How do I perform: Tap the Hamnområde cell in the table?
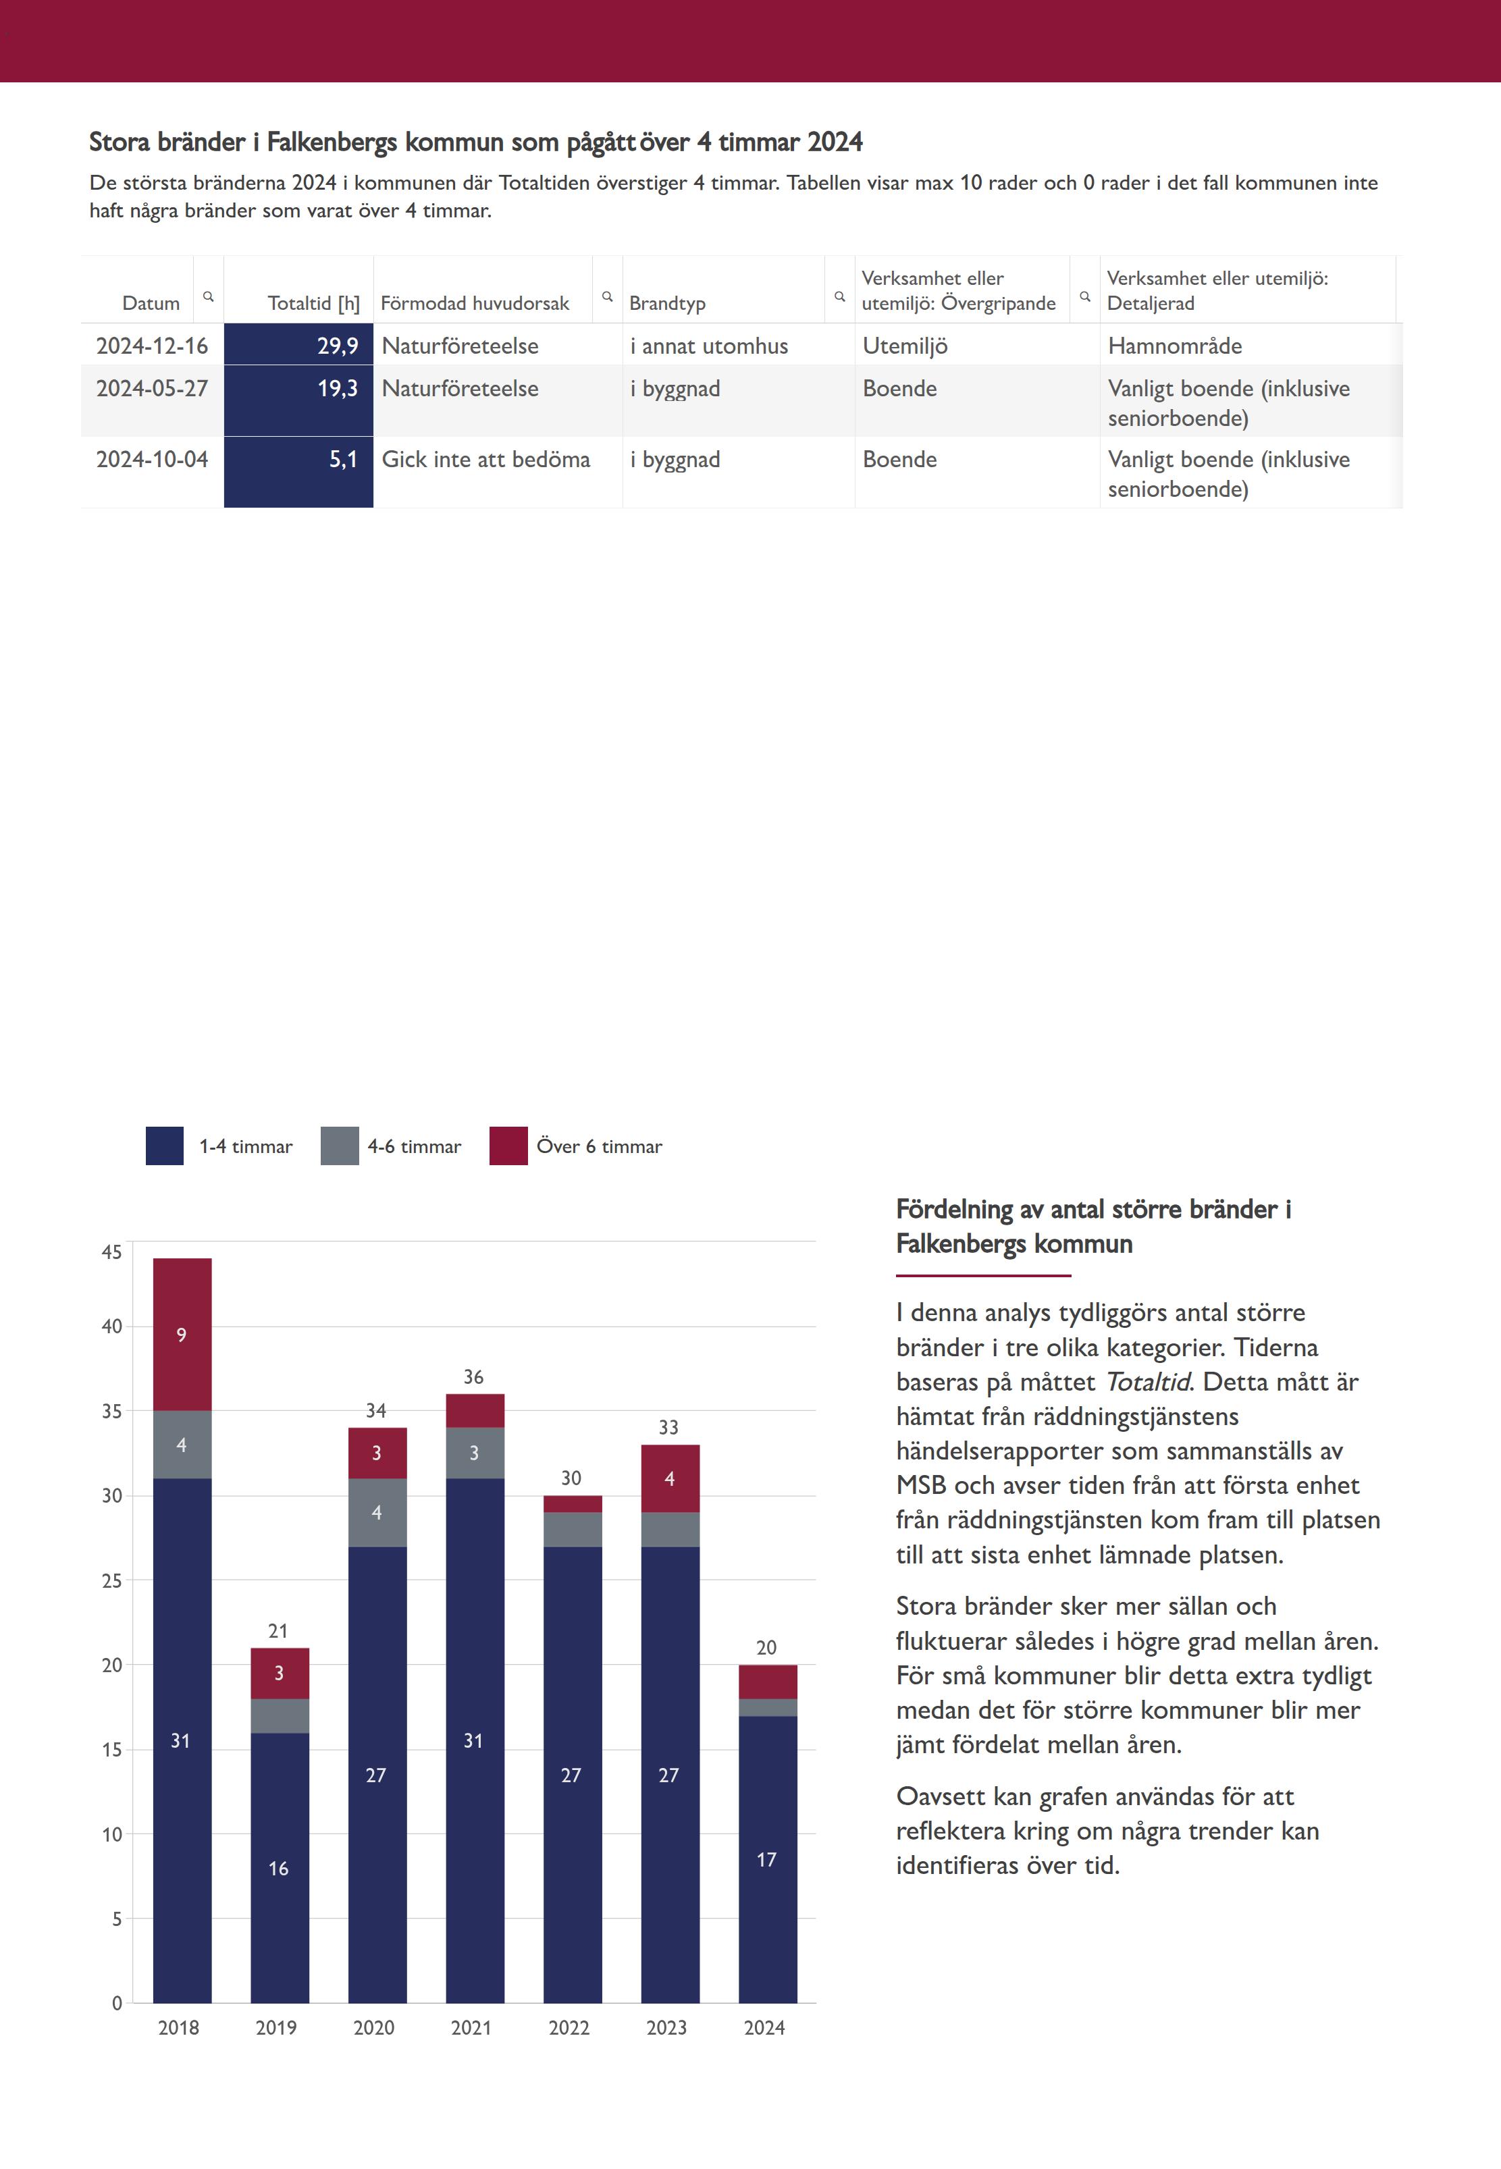tap(1175, 346)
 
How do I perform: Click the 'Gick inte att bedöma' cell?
tap(485, 460)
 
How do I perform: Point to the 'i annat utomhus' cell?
tap(709, 346)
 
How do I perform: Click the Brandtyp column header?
tap(667, 302)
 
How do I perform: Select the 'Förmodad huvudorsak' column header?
tap(475, 302)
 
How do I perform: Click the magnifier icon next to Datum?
tap(209, 296)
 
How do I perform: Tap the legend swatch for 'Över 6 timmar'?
tap(508, 1146)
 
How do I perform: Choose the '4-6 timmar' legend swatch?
tap(340, 1146)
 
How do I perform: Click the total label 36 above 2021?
tap(473, 1377)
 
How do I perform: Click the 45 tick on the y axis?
tap(112, 1252)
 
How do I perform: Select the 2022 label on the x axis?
tap(569, 2028)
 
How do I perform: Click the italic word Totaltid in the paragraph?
tap(1147, 1382)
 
